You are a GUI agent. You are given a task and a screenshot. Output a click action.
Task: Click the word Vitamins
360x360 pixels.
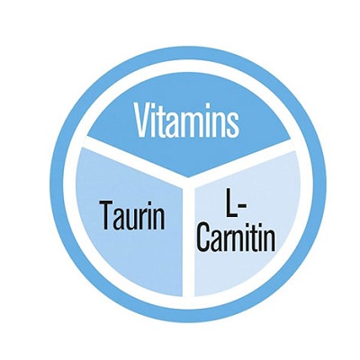click(187, 120)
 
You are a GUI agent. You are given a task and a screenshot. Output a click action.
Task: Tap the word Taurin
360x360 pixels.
click(133, 214)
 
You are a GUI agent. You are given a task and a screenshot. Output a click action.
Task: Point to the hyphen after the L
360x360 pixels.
click(242, 206)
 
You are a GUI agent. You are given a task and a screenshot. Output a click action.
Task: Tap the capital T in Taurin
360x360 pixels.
click(108, 215)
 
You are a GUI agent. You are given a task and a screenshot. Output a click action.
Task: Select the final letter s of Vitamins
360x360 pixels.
click(233, 124)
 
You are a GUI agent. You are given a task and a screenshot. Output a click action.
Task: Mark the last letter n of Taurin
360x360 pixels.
click(159, 219)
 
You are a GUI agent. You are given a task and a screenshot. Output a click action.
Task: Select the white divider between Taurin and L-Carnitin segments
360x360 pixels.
click(188, 240)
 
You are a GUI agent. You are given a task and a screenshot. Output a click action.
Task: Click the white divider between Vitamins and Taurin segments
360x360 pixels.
click(136, 158)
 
